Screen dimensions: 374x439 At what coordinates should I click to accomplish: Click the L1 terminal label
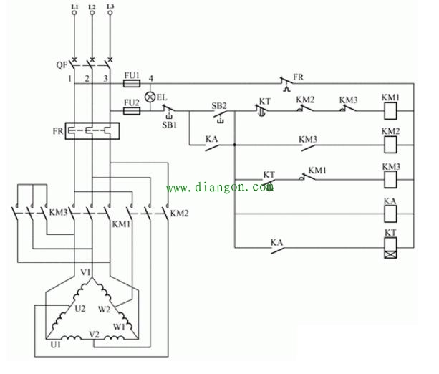(74, 6)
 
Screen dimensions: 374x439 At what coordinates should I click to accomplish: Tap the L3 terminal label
(109, 6)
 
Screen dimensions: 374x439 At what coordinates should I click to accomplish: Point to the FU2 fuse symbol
(132, 111)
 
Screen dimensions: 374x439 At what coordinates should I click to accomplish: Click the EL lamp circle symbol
(150, 97)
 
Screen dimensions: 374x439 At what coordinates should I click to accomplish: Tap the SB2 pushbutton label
(219, 105)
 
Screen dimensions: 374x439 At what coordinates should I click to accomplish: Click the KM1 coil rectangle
(391, 111)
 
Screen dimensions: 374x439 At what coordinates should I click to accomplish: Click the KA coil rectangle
(391, 214)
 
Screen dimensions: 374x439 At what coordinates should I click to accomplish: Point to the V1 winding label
(86, 272)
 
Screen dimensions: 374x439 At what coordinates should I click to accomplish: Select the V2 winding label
(94, 334)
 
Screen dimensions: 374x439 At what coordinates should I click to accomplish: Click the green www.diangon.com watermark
(220, 188)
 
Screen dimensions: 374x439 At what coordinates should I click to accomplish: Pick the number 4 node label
(150, 77)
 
